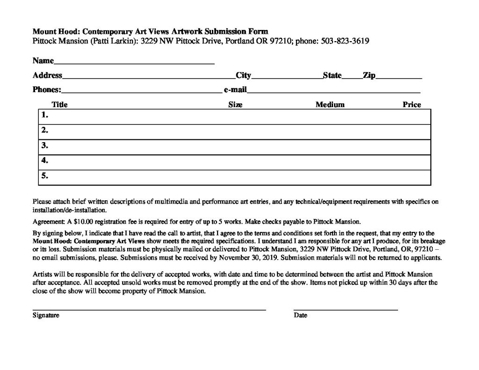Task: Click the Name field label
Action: click(x=43, y=61)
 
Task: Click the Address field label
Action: click(x=47, y=75)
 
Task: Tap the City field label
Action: click(x=243, y=75)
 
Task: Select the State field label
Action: click(x=332, y=75)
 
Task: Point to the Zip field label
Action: click(x=369, y=75)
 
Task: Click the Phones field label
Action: click(x=47, y=89)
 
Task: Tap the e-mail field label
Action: click(x=235, y=89)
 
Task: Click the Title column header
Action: click(x=59, y=105)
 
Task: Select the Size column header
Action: click(x=235, y=105)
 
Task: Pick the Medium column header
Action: click(x=330, y=105)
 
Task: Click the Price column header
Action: click(x=412, y=105)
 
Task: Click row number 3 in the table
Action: click(x=45, y=145)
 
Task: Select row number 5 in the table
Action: click(x=45, y=176)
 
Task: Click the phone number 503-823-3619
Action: click(x=345, y=41)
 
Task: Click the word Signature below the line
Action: click(x=46, y=315)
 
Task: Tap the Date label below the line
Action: click(x=300, y=315)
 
